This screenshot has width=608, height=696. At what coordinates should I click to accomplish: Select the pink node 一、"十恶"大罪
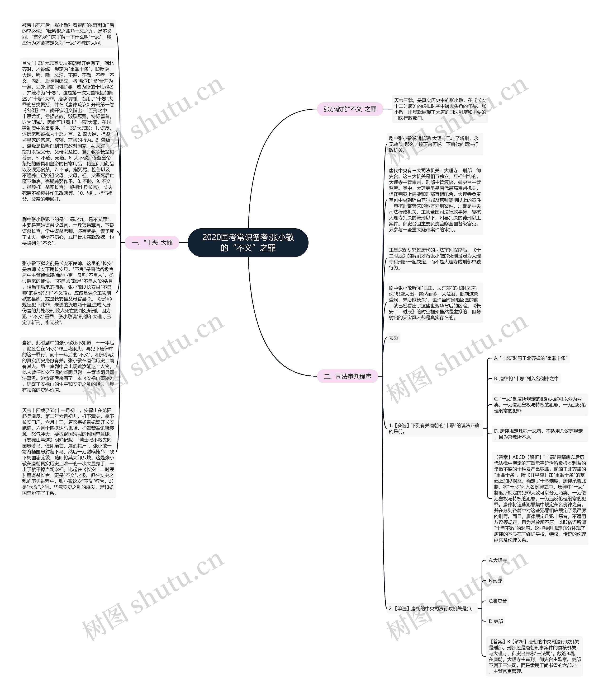click(x=152, y=243)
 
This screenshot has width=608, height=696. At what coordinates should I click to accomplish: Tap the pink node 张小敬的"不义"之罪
click(x=350, y=109)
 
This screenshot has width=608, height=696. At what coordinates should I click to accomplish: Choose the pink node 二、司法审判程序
click(x=347, y=376)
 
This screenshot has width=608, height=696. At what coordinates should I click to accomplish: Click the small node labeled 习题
click(x=394, y=338)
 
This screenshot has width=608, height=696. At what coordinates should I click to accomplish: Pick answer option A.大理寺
click(x=498, y=561)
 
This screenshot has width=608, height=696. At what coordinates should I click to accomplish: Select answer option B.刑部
click(x=495, y=581)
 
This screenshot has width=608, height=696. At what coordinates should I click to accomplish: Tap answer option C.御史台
click(x=498, y=601)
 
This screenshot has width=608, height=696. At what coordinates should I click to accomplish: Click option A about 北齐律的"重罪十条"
click(x=531, y=358)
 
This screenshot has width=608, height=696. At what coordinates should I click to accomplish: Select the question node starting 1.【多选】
click(x=434, y=428)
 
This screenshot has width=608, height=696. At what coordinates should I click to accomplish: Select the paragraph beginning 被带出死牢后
click(x=68, y=34)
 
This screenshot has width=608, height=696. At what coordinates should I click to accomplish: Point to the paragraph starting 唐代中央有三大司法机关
click(x=435, y=200)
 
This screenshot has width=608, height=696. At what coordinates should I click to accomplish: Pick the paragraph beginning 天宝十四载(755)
click(x=68, y=452)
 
